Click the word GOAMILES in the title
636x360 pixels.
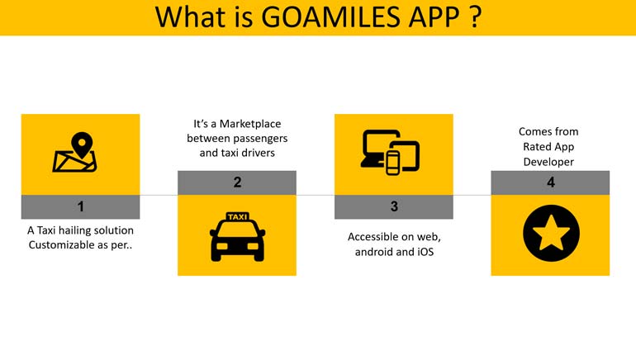point(331,17)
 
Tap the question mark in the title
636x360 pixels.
point(476,17)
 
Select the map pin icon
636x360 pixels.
point(82,144)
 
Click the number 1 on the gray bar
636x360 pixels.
point(81,206)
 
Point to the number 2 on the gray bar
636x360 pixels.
point(237,182)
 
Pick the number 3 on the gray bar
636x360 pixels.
point(394,206)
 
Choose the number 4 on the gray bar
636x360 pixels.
point(550,182)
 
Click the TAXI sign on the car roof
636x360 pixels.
point(237,217)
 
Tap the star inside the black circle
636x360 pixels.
point(551,233)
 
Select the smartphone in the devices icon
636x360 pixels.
point(392,163)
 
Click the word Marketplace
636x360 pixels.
point(250,124)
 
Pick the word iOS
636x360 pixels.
point(425,252)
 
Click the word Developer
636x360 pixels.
point(548,162)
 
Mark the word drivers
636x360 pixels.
point(258,153)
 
